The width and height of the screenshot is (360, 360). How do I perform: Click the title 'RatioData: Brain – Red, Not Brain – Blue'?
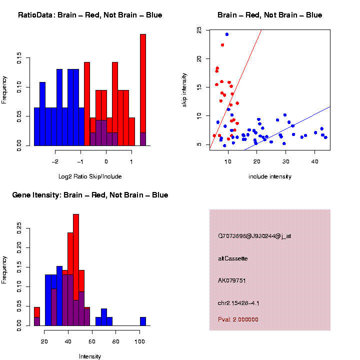(x=90, y=15)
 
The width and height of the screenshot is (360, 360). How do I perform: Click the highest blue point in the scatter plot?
(x=226, y=34)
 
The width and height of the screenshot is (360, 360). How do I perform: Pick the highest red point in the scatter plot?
(x=222, y=45)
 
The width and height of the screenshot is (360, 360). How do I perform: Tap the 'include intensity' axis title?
(x=270, y=176)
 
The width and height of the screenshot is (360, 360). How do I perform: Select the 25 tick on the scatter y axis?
(x=199, y=30)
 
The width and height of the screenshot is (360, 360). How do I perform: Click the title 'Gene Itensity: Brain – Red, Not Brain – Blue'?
(x=90, y=195)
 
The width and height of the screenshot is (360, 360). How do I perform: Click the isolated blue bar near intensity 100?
(x=143, y=321)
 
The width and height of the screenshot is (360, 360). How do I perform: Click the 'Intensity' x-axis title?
(x=90, y=356)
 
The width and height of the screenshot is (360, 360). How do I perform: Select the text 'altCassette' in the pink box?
(x=233, y=258)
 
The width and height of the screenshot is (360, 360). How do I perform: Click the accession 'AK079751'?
(x=232, y=280)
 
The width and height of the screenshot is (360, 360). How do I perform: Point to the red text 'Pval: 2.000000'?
(x=238, y=319)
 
